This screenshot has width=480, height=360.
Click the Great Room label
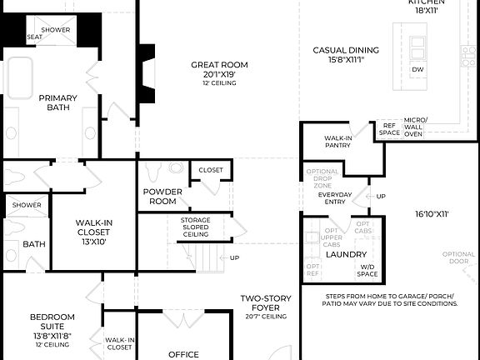[x=219, y=65]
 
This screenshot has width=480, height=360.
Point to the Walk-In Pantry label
[x=337, y=142]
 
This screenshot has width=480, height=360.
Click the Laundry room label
[x=346, y=254]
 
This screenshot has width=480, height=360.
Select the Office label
[x=183, y=354]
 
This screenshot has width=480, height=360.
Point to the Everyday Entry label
[x=336, y=198]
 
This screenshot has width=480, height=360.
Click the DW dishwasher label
[x=417, y=70]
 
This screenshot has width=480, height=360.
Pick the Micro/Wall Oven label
[x=414, y=127]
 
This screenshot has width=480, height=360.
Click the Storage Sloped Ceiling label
[x=195, y=227]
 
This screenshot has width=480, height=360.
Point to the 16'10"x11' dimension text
[x=432, y=214]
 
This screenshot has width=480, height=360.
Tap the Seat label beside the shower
[x=35, y=37]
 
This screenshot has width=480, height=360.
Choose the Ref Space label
[x=389, y=128]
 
